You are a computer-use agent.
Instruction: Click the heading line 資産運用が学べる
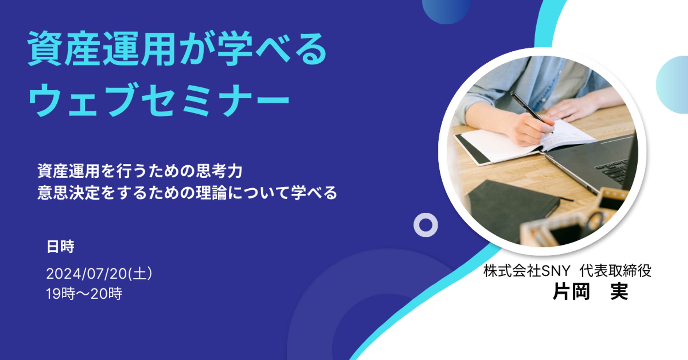tap(177, 49)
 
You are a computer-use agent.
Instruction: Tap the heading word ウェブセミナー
tap(159, 99)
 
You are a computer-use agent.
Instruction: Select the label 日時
tap(60, 246)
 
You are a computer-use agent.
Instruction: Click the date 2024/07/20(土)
tap(99, 273)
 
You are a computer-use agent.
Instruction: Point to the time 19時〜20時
tap(84, 294)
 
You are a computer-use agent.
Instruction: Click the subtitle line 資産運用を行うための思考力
tap(140, 171)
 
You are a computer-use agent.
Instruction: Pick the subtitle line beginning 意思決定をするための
tap(187, 193)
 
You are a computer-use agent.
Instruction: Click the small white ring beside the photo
tap(426, 225)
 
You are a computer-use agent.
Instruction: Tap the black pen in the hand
tap(532, 112)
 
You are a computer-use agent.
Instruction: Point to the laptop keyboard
tap(614, 172)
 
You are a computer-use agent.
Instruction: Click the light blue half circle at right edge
tap(672, 85)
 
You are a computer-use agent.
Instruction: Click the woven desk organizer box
tap(576, 220)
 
